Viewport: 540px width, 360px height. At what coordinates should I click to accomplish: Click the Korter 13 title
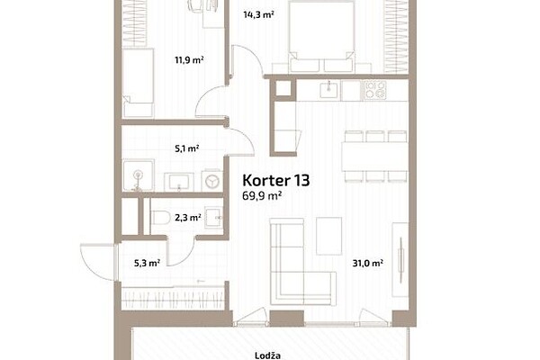click(276, 180)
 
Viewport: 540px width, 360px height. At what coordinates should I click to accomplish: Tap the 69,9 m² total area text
click(263, 195)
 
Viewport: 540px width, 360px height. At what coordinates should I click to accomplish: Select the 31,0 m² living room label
click(368, 263)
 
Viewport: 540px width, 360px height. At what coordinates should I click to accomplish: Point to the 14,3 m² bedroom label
click(258, 14)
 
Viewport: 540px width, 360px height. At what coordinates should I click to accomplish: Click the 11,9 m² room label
click(189, 60)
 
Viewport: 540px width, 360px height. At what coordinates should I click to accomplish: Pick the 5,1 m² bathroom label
click(187, 148)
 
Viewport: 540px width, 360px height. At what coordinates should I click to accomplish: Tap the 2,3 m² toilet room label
click(188, 218)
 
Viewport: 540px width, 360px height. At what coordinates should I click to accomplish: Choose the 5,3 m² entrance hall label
click(147, 263)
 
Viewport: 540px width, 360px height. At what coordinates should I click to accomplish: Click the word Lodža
click(267, 355)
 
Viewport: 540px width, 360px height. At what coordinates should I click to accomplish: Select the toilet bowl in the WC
click(160, 218)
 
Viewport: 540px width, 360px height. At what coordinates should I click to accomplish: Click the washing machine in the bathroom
click(211, 180)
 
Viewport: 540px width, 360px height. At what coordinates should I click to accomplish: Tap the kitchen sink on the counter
click(329, 90)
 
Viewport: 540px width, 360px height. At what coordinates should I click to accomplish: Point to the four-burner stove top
click(375, 90)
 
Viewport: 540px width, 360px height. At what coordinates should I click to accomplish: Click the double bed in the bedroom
click(321, 36)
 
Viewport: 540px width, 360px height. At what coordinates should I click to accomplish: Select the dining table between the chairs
click(374, 157)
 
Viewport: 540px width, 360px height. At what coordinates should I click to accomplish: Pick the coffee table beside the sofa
click(329, 236)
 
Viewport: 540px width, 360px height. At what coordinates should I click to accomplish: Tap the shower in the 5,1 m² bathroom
click(139, 175)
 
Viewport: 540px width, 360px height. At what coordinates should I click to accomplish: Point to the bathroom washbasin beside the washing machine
click(179, 182)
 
